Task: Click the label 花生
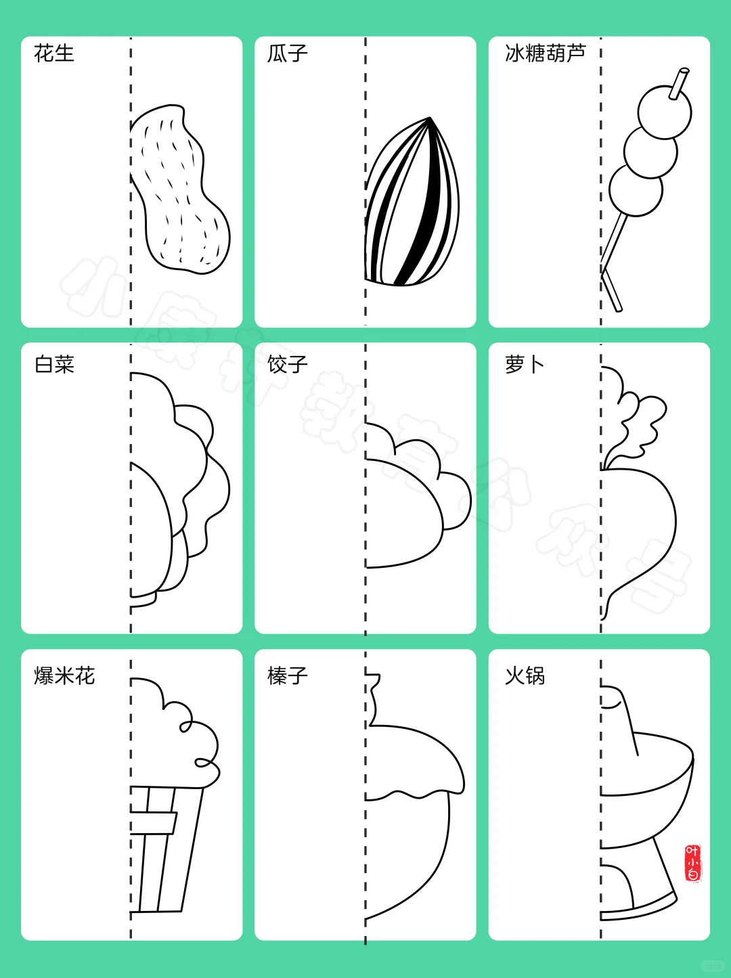coord(53,53)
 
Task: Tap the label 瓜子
coord(287,53)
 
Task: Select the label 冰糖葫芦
coord(545,53)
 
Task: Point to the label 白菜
coord(54,364)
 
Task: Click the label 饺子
coord(287,364)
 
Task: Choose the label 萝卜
coord(524,364)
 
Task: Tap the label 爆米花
coord(64,675)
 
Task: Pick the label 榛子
coord(287,675)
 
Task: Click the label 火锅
coord(524,675)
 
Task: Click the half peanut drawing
coord(179,190)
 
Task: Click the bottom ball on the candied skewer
coord(635,190)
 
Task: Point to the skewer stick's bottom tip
coord(617,309)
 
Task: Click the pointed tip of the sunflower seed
coord(430,120)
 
